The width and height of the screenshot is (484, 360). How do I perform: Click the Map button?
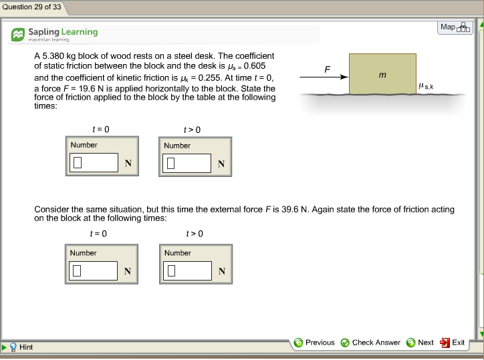point(455,27)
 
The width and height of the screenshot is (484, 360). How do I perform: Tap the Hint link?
point(26,347)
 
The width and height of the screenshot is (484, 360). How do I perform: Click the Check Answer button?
point(370,343)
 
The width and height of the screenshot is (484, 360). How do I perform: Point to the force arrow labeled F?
point(324,77)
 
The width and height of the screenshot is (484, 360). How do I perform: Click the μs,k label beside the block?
point(425,86)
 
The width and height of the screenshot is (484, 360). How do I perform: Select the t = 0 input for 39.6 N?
point(94,271)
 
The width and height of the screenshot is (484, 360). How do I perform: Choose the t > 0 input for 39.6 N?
point(188,271)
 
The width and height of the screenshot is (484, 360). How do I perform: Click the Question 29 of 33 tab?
point(31,7)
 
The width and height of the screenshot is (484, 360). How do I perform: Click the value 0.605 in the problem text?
point(257,66)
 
